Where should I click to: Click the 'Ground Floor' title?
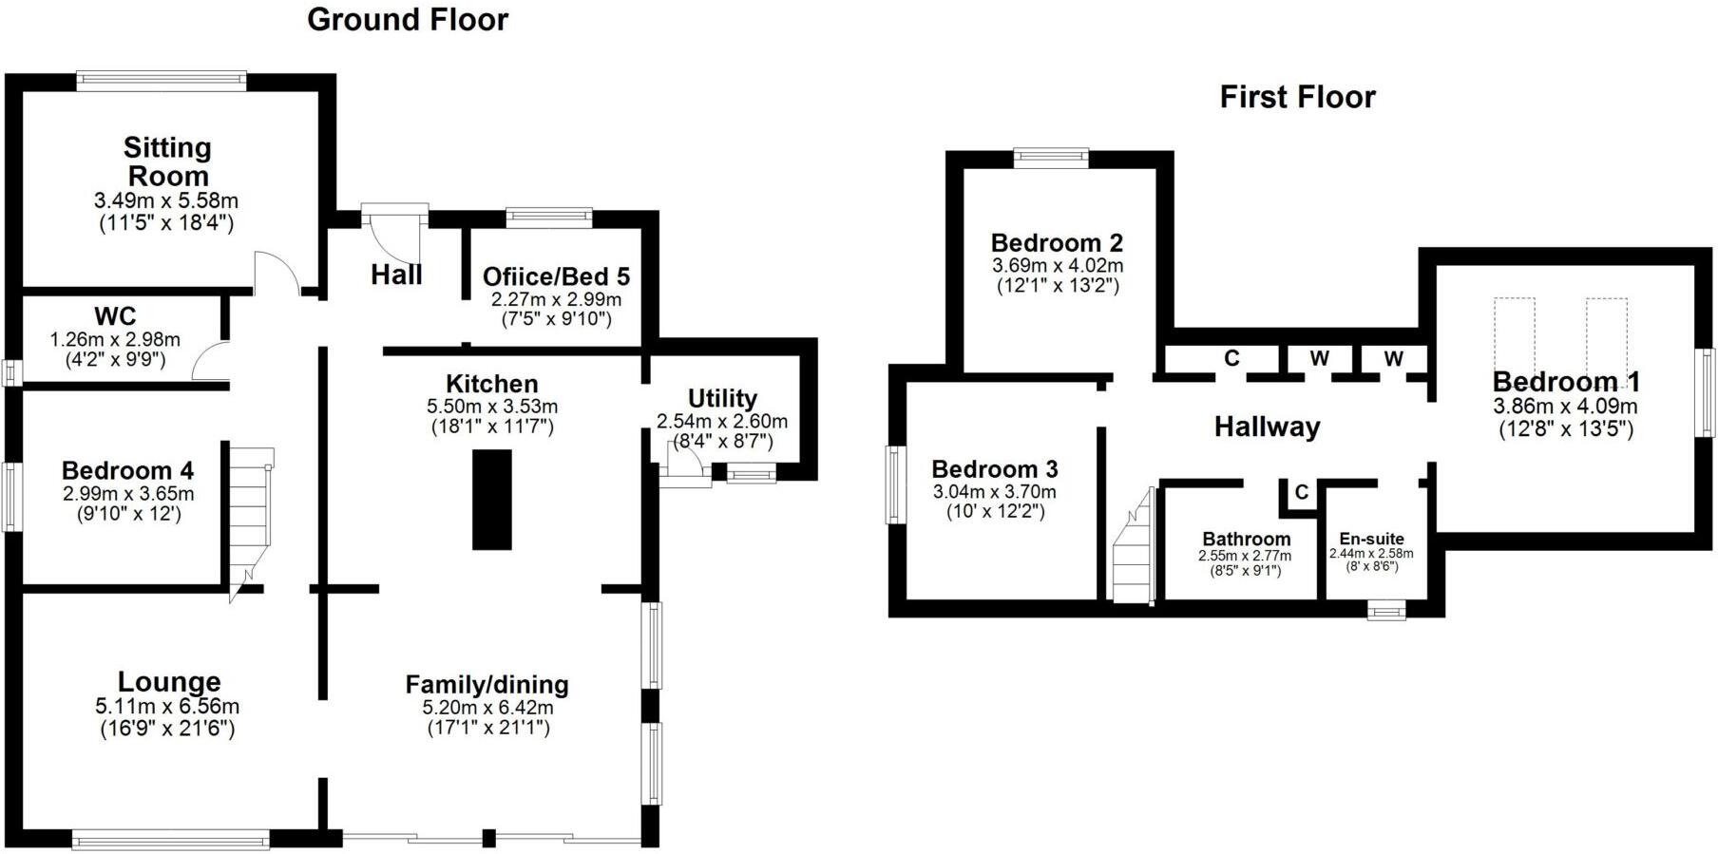click(408, 20)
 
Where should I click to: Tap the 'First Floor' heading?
click(1297, 97)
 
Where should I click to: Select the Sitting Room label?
click(167, 161)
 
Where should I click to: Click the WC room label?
click(115, 316)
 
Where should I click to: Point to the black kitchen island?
click(492, 500)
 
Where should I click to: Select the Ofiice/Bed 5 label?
click(556, 276)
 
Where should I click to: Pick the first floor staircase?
click(1134, 544)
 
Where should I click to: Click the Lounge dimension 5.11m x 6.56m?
click(167, 707)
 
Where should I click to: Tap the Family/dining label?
click(487, 685)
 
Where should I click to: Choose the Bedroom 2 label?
click(1057, 243)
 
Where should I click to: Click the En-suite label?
click(1371, 539)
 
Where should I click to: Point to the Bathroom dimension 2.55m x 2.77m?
click(1245, 556)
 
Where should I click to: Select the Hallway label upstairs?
click(1267, 427)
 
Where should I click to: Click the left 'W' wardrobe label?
click(1319, 358)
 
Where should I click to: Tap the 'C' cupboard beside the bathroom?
click(1301, 492)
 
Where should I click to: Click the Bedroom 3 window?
click(894, 484)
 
